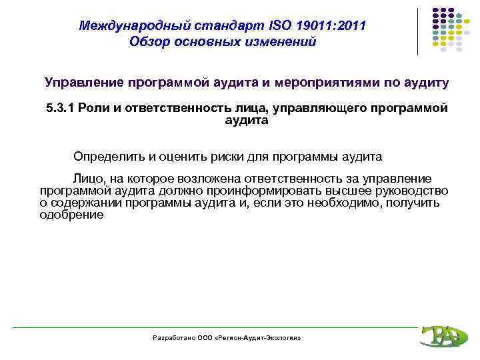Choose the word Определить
tap(109, 157)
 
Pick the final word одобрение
tap(71, 215)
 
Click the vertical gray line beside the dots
tap(419, 31)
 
